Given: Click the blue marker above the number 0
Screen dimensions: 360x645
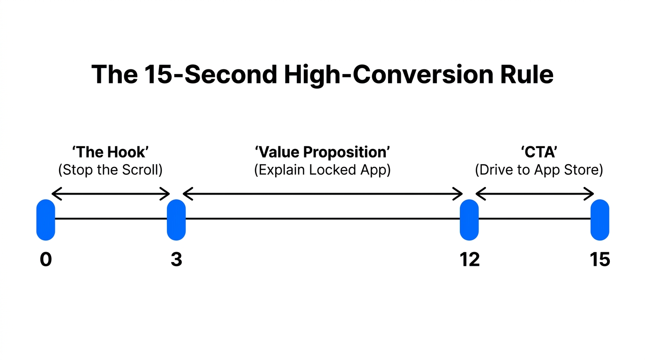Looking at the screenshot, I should coord(45,219).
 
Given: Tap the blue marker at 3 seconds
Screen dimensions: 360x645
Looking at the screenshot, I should coord(176,219).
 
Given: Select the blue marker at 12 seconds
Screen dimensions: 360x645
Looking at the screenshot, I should coord(469,219).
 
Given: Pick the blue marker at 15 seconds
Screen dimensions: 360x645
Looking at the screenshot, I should coord(600,219).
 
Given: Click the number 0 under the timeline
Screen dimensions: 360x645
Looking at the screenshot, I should coord(45,259).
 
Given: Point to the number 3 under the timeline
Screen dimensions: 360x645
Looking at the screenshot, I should coord(176,259).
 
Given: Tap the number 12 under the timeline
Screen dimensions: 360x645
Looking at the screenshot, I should coord(470,259).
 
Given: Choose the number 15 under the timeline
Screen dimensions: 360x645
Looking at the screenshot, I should coord(600,259).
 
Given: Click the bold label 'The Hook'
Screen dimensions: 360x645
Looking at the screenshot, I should coord(110,152).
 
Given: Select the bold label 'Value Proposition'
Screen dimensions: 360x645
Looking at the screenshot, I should coord(322,152).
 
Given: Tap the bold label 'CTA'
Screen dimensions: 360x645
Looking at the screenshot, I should coord(539,152).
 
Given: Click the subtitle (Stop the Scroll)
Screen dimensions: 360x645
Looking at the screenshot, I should coord(110,170).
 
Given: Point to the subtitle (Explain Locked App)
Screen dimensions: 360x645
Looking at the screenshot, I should coord(322,170).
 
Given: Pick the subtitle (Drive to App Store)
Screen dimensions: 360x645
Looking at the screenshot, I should coord(539,170).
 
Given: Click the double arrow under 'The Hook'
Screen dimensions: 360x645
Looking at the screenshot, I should coord(110,193).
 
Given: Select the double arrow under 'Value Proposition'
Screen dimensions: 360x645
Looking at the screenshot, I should coord(322,193).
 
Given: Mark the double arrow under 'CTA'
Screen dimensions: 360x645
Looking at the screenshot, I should coord(535,193).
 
